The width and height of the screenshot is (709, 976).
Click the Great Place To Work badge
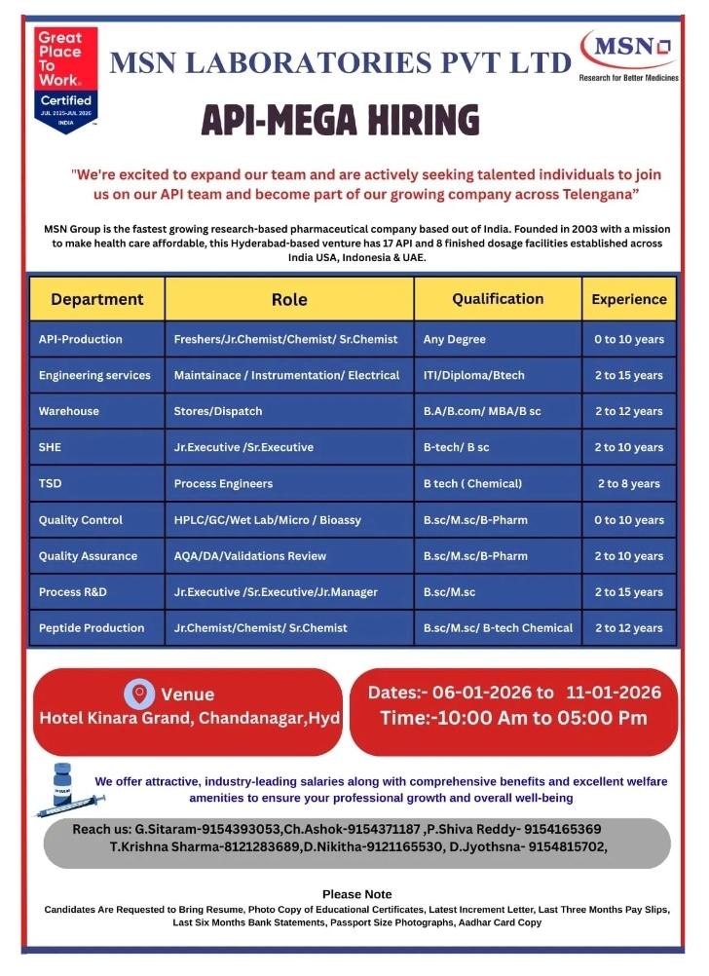pos(65,80)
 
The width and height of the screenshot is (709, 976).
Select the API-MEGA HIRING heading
pos(340,120)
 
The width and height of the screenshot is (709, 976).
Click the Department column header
pos(96,299)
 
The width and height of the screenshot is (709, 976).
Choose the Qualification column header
pos(498,299)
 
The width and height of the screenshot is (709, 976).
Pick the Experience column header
pos(629,299)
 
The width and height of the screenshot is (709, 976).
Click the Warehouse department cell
pos(68,411)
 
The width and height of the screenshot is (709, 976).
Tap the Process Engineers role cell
pos(223,483)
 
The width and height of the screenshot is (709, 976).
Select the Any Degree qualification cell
pos(454,339)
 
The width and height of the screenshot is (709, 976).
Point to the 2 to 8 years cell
pos(629,483)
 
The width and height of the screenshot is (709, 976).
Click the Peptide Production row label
pos(92,628)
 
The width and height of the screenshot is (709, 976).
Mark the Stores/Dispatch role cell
pos(218,411)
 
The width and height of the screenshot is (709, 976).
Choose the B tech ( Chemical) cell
pos(472,483)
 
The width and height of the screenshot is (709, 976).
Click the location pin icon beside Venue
pos(139,694)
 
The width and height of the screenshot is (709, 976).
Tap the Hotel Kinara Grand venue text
pos(189,719)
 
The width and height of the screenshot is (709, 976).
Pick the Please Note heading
pos(356,893)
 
